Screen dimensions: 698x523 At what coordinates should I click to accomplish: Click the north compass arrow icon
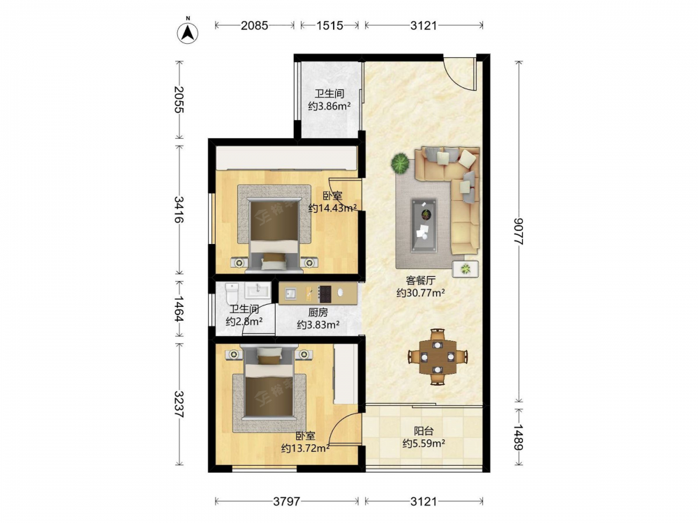pyautogui.click(x=188, y=31)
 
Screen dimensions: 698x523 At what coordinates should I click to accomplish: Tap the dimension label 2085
pyautogui.click(x=255, y=25)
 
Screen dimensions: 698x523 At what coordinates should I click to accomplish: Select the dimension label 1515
pyautogui.click(x=330, y=25)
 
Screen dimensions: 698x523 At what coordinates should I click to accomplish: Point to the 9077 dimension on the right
pyautogui.click(x=519, y=232)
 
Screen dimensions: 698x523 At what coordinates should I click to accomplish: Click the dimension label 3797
pyautogui.click(x=286, y=501)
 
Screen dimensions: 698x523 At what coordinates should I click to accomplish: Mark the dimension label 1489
pyautogui.click(x=519, y=437)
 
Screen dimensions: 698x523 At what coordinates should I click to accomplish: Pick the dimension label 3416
pyautogui.click(x=179, y=209)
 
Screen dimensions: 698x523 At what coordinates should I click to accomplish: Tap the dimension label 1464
pyautogui.click(x=179, y=309)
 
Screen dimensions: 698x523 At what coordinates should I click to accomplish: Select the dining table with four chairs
pyautogui.click(x=438, y=356)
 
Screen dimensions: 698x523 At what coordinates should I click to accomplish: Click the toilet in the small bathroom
pyautogui.click(x=232, y=293)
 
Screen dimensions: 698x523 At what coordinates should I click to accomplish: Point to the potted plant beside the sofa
pyautogui.click(x=400, y=163)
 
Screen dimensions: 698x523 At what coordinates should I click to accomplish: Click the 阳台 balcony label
pyautogui.click(x=424, y=431)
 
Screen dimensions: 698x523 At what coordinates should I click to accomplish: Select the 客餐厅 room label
pyautogui.click(x=420, y=280)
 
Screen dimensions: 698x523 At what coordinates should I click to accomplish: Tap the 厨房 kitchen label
pyautogui.click(x=318, y=312)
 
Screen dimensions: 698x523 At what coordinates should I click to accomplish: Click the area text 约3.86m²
pyautogui.click(x=329, y=106)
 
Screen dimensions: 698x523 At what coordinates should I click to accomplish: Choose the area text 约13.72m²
pyautogui.click(x=306, y=448)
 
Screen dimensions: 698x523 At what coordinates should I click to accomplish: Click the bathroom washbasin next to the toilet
pyautogui.click(x=258, y=290)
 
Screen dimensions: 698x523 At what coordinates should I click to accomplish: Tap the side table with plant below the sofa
pyautogui.click(x=465, y=268)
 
